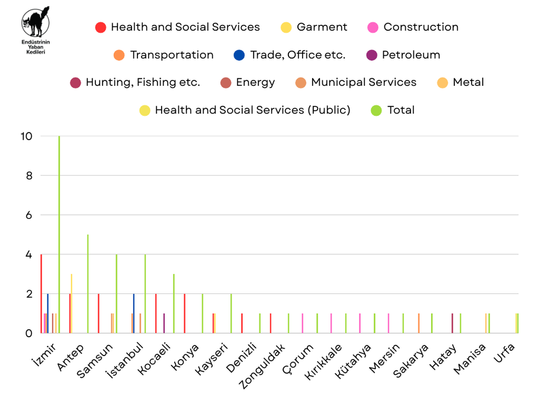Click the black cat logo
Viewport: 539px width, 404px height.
click(x=35, y=24)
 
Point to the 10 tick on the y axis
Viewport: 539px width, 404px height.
click(x=27, y=136)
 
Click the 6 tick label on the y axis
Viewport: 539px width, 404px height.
click(x=28, y=215)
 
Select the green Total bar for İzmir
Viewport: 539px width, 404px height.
click(x=59, y=237)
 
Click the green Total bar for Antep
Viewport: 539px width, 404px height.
click(x=88, y=284)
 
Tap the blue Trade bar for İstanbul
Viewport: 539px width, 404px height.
click(x=134, y=313)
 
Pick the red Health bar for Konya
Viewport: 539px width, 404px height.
click(x=185, y=313)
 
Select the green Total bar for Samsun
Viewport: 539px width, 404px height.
click(x=116, y=294)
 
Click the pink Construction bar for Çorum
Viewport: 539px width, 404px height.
click(x=303, y=324)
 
